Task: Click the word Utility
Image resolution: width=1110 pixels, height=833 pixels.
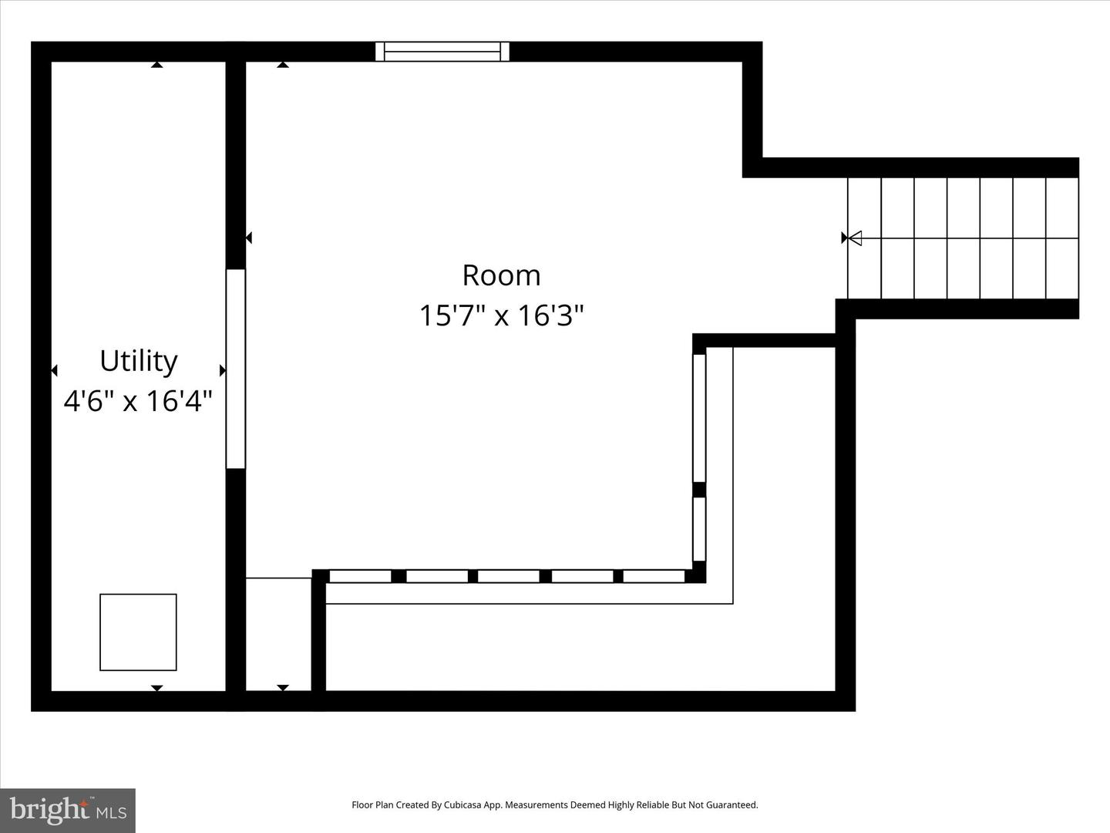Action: [139, 361]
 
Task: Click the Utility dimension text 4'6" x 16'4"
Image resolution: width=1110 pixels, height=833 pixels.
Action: [138, 401]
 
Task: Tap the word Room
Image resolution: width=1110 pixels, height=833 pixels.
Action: [501, 275]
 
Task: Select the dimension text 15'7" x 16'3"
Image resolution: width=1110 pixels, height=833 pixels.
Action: [501, 315]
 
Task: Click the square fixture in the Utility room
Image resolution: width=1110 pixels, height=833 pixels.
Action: [138, 632]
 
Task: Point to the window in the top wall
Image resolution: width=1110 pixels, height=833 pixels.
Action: [442, 52]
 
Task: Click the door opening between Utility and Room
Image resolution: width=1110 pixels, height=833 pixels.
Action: [235, 369]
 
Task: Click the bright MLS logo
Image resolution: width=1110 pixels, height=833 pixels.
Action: [68, 810]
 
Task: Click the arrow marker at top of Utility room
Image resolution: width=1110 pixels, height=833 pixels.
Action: [157, 66]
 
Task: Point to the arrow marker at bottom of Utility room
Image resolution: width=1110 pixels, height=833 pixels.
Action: [157, 687]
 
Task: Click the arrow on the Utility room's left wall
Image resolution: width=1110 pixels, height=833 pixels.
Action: [54, 371]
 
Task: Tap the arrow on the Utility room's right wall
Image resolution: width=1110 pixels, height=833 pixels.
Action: [223, 371]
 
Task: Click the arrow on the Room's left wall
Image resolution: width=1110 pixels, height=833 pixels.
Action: [248, 238]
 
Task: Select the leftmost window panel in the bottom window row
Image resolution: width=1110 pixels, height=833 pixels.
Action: [360, 576]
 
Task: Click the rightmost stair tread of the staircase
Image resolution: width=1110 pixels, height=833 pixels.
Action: [1062, 238]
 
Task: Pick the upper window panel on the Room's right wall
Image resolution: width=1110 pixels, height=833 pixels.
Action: [699, 417]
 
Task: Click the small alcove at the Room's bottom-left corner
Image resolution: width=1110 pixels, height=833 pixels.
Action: [278, 634]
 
